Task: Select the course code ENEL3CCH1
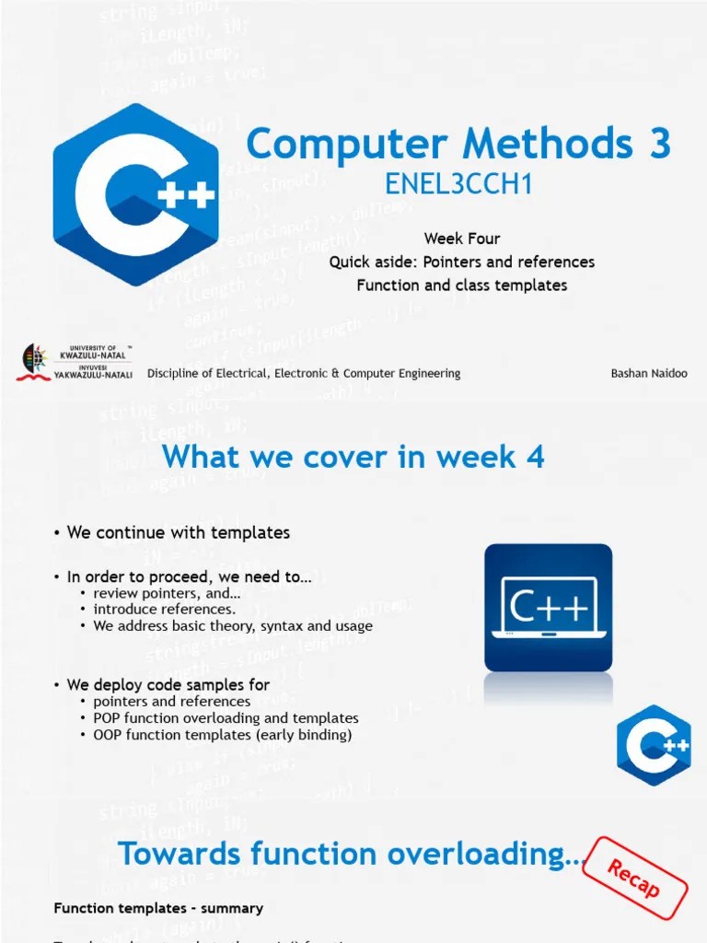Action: (458, 185)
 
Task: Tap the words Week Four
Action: (462, 239)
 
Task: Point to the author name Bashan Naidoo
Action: (648, 373)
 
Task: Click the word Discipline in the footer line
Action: (176, 373)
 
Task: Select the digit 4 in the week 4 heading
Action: (535, 456)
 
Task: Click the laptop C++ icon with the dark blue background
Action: (548, 607)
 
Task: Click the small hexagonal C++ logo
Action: (654, 745)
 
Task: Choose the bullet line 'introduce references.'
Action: (164, 609)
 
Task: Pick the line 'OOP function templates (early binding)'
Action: (222, 735)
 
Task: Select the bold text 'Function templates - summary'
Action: (158, 908)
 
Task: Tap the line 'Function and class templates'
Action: (462, 285)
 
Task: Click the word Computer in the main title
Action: (348, 145)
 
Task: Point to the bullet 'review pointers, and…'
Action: (167, 592)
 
